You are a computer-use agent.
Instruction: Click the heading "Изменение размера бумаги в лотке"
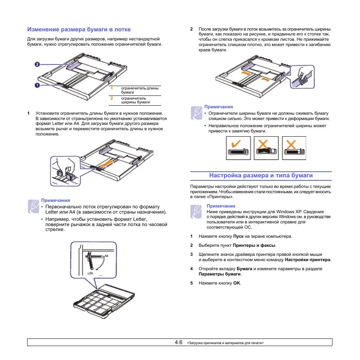(x=79, y=29)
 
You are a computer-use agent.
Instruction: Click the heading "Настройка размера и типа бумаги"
(x=261, y=175)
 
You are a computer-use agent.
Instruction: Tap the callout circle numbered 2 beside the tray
(x=37, y=65)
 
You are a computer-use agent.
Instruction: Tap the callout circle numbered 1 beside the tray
(x=37, y=85)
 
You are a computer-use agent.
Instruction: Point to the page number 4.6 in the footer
(x=179, y=342)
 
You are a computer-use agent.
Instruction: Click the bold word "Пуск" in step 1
(x=238, y=236)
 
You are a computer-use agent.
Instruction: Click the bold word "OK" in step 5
(x=237, y=283)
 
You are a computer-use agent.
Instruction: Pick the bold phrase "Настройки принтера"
(x=308, y=260)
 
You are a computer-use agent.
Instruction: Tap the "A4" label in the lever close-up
(x=106, y=256)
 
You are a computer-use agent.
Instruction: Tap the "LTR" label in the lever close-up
(x=90, y=272)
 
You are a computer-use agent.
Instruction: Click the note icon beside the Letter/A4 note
(x=33, y=206)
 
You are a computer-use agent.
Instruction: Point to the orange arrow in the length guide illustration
(x=107, y=163)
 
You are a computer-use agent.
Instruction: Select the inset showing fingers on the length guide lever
(x=65, y=171)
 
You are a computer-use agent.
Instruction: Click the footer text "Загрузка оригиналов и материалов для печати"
(x=225, y=343)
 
